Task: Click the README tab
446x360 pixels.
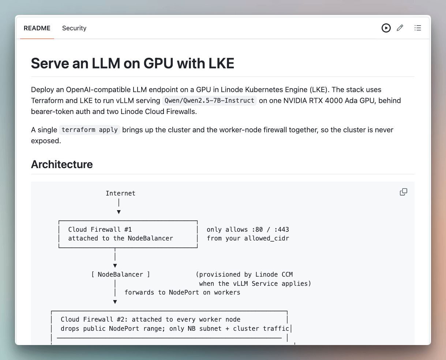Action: [x=37, y=28]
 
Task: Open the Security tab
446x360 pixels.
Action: [x=74, y=28]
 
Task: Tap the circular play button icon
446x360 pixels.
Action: [x=386, y=28]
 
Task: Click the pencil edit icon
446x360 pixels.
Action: [x=400, y=28]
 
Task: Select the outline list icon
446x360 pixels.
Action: [x=417, y=28]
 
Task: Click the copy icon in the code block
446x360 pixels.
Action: [x=403, y=192]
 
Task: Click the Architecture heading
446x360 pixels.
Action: [x=62, y=164]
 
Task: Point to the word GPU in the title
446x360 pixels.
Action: [x=158, y=63]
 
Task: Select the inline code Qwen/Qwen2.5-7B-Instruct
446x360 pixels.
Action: [x=209, y=101]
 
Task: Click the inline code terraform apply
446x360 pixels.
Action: [x=90, y=130]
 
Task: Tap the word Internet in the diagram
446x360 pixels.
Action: [x=120, y=193]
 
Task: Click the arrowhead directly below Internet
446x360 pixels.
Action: [x=119, y=212]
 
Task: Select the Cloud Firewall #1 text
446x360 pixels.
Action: [x=100, y=230]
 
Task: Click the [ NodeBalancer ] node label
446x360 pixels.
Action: [x=120, y=274]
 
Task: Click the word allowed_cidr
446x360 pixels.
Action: [x=267, y=238]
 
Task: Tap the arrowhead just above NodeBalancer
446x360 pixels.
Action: [x=115, y=266]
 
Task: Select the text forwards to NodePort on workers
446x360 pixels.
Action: [x=182, y=292]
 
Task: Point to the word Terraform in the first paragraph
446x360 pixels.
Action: [x=47, y=101]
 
